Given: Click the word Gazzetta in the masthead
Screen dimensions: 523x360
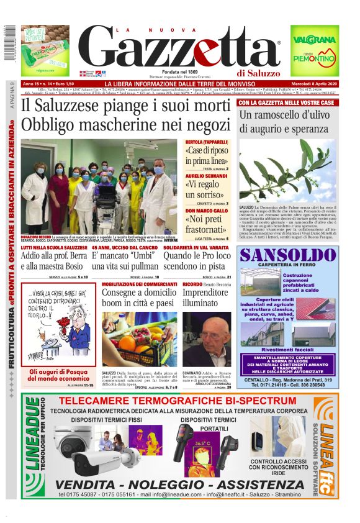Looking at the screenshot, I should pos(180,48).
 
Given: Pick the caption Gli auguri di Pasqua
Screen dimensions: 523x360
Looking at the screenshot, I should pos(60,372).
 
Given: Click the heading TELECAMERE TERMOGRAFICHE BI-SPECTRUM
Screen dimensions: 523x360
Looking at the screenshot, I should pos(180,401).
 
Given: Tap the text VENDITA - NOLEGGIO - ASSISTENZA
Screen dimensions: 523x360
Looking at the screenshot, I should pos(180,483).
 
